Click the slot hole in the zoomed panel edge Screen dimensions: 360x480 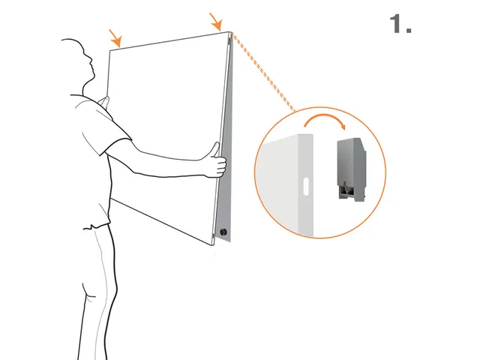pyautogui.click(x=307, y=184)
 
